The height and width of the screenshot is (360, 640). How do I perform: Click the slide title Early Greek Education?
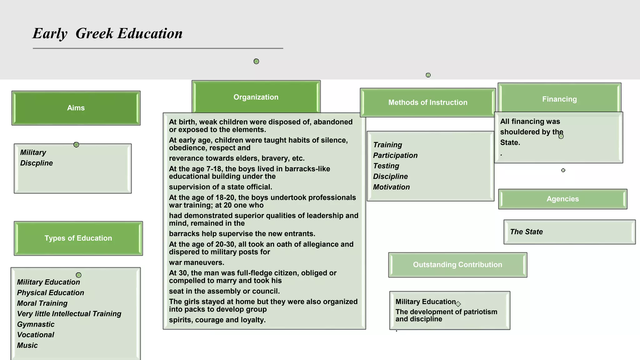click(x=107, y=33)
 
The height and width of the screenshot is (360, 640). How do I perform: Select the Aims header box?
click(x=76, y=108)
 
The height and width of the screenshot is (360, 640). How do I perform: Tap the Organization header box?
click(x=256, y=97)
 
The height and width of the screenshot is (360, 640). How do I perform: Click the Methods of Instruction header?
click(x=428, y=102)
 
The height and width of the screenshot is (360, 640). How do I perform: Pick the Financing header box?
click(x=559, y=99)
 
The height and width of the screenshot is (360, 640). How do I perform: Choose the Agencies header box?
click(x=562, y=199)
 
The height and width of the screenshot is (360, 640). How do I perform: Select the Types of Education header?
click(x=78, y=238)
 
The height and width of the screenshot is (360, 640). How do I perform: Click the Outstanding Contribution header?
click(x=457, y=265)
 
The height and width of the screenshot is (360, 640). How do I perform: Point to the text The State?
click(x=526, y=232)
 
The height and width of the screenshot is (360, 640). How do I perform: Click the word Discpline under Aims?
click(x=37, y=163)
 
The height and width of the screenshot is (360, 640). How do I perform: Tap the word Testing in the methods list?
click(x=386, y=166)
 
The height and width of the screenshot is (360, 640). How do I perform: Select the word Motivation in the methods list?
click(x=391, y=187)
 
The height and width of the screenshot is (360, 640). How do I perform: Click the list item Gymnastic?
click(x=36, y=324)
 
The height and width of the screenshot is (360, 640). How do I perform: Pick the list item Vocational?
click(x=36, y=335)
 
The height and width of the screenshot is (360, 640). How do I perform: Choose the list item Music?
click(x=27, y=346)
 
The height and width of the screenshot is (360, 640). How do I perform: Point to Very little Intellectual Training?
click(x=69, y=314)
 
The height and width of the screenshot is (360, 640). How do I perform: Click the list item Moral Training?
click(x=42, y=303)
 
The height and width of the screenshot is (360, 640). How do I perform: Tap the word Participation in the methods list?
click(x=395, y=156)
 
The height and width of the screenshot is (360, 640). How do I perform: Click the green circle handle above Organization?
click(x=256, y=61)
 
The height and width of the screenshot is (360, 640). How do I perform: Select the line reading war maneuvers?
click(x=197, y=262)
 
